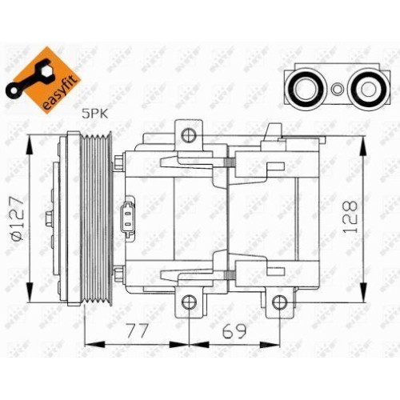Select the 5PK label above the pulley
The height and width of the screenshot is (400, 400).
tap(94, 114)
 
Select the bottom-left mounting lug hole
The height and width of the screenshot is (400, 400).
tap(189, 302)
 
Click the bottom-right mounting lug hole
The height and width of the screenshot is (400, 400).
tap(279, 302)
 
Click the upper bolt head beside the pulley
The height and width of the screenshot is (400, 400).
tap(118, 166)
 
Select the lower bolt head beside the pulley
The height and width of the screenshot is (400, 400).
tap(118, 276)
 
